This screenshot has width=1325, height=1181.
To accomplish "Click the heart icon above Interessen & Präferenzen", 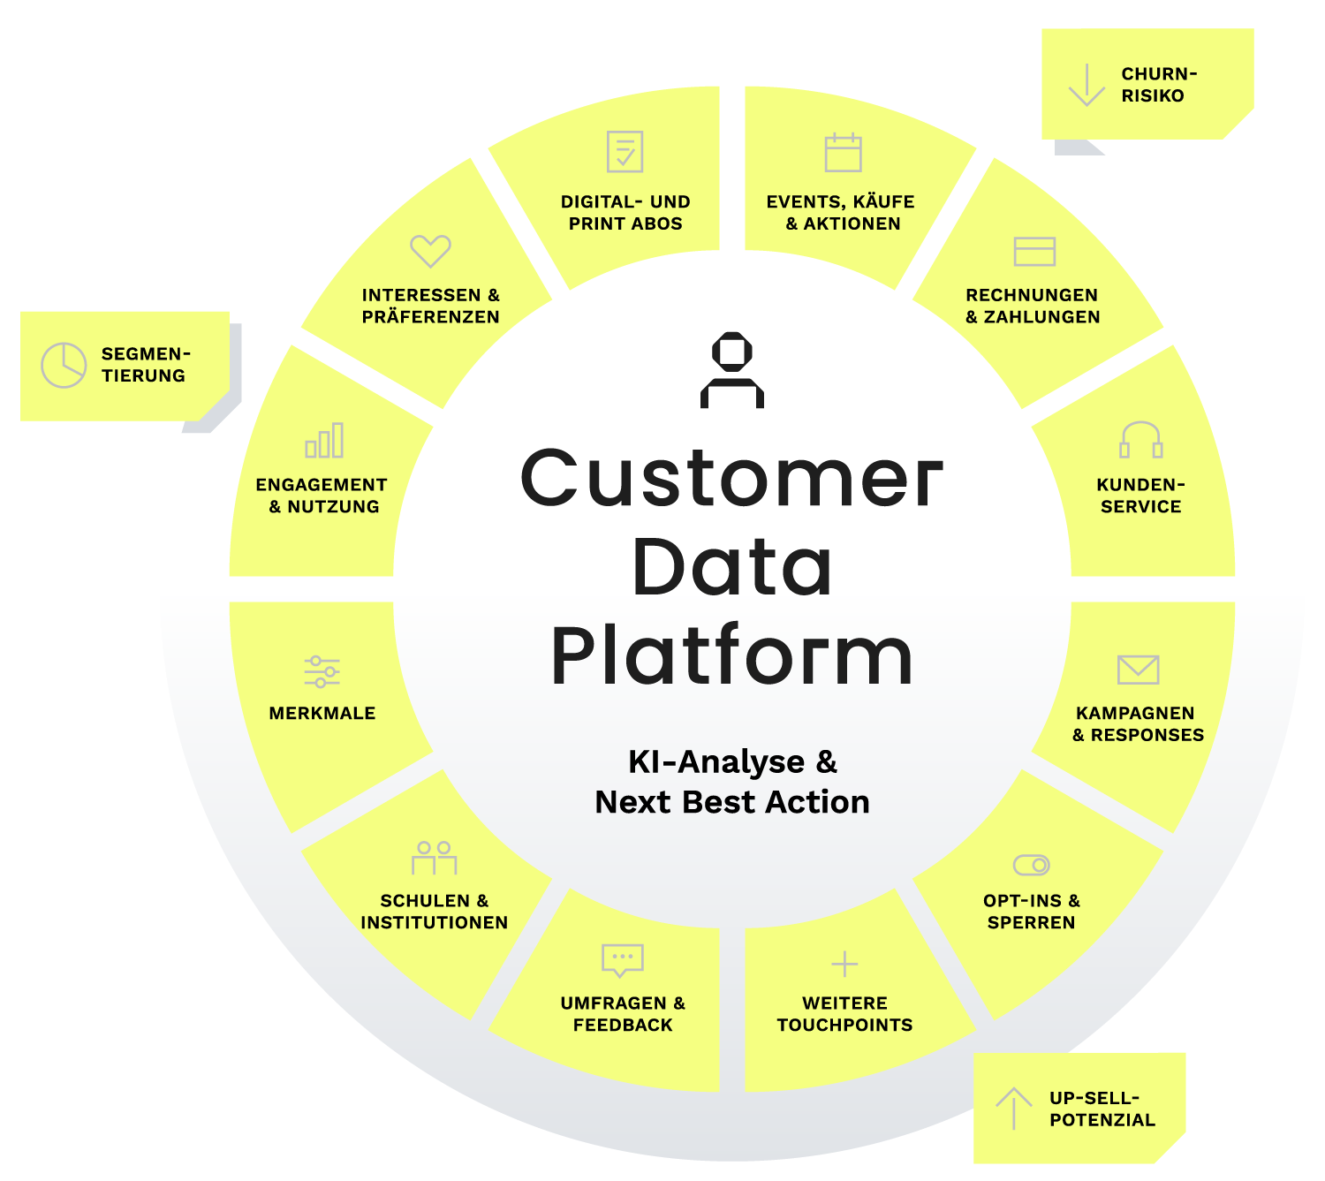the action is tap(429, 251).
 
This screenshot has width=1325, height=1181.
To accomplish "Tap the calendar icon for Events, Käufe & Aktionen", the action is tap(843, 152).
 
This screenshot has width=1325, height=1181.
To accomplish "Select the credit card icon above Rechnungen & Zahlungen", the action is tap(1033, 251).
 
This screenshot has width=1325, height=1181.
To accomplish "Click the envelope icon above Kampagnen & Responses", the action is tap(1138, 669).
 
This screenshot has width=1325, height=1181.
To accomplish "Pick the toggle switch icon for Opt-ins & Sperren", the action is tap(1031, 865).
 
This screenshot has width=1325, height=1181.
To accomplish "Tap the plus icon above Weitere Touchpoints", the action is tap(844, 964).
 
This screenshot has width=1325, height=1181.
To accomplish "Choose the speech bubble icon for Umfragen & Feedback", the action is tap(622, 959).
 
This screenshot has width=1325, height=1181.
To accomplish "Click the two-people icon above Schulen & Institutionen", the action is tap(434, 858).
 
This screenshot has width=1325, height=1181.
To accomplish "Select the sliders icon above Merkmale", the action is tap(322, 671).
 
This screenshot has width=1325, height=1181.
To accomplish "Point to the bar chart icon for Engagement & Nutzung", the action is tap(323, 439).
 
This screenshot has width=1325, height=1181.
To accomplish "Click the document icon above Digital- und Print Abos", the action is tap(625, 152).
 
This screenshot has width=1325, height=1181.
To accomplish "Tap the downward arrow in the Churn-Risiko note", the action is tap(1086, 85).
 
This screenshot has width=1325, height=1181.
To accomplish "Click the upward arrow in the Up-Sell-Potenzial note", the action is tap(1013, 1108).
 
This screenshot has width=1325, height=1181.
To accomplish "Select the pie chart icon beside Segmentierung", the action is tap(64, 365).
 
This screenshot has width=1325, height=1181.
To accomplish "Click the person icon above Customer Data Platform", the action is tap(731, 370).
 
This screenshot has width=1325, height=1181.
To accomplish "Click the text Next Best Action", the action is tap(731, 802).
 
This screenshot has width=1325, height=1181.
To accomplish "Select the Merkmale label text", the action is tap(322, 713).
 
